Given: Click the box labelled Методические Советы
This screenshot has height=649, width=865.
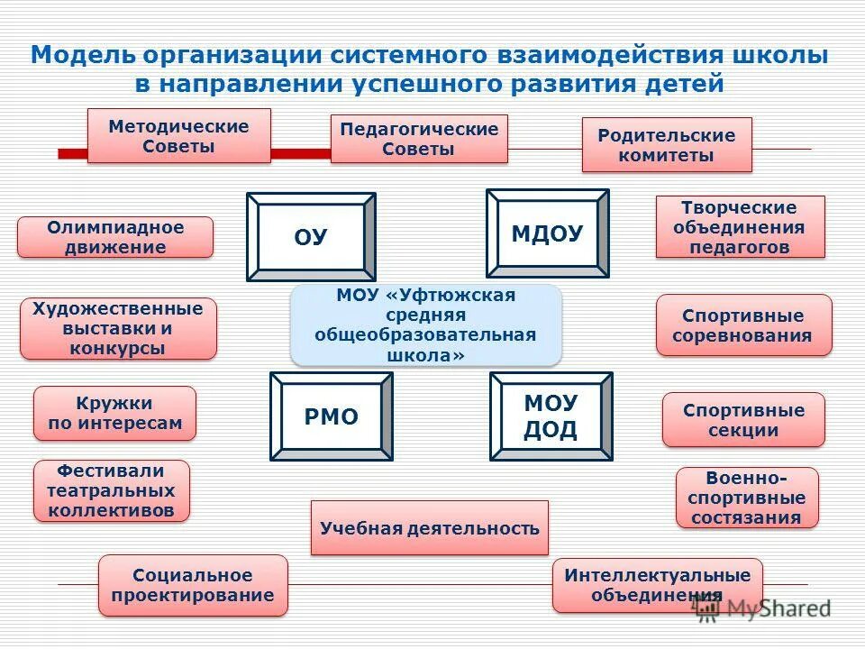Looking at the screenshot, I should click(x=178, y=136).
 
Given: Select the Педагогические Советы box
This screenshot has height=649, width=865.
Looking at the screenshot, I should click(x=419, y=139).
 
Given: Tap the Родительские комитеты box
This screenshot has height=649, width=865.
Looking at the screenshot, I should click(x=666, y=145).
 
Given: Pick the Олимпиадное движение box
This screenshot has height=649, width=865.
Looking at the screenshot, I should click(x=115, y=237).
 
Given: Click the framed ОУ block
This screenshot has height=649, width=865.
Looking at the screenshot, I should click(x=311, y=237).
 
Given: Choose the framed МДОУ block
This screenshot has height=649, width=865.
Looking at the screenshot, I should click(x=547, y=233).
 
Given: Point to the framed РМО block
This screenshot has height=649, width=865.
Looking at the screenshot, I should click(x=331, y=416).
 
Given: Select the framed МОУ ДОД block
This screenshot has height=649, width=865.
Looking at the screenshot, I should click(x=551, y=416).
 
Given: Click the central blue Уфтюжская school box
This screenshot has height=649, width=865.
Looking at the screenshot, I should click(x=425, y=324).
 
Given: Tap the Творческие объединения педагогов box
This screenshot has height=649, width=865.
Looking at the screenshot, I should click(x=740, y=226).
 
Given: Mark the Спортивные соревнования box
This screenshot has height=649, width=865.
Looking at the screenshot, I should click(x=743, y=325).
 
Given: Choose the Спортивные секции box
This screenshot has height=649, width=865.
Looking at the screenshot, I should click(x=743, y=419).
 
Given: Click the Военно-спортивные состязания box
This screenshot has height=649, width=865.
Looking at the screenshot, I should click(x=747, y=497).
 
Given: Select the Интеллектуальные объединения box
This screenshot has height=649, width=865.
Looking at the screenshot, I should click(x=657, y=585).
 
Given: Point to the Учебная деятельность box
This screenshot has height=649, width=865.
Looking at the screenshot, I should click(x=429, y=528).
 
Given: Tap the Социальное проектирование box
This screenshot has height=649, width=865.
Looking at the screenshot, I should click(x=193, y=585).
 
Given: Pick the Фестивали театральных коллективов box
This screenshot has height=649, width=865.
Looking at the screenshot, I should click(x=112, y=490).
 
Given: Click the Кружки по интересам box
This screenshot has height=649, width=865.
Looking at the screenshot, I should click(x=114, y=413).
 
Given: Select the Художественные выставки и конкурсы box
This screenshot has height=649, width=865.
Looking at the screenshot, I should click(x=118, y=329).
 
